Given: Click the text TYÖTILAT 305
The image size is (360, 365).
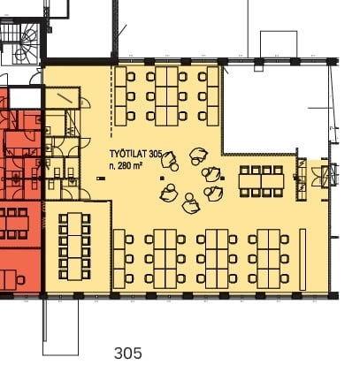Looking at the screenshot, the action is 136,154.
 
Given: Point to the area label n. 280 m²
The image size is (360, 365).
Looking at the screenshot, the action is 126,166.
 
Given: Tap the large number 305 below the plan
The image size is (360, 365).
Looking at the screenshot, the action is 128,354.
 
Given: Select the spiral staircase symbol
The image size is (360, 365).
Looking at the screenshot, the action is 27,43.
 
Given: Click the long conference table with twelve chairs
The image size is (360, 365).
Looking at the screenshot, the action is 74,247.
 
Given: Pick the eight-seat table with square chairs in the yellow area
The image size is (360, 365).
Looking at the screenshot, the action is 261,181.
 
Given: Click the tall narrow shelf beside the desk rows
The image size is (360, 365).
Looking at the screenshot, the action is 303,259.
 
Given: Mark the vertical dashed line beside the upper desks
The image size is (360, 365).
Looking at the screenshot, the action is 111,102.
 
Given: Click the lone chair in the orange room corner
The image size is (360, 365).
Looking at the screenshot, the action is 20,279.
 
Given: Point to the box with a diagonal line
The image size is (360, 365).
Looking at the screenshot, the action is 62,98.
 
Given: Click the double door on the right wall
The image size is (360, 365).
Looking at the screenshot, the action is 320,177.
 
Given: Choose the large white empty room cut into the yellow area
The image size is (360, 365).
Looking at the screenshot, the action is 276,110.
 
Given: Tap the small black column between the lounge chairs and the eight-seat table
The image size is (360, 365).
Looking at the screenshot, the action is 222,179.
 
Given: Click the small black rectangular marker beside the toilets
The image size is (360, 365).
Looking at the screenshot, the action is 101,179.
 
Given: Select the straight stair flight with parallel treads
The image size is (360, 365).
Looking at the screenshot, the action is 10,34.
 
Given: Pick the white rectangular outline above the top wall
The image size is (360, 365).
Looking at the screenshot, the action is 279,44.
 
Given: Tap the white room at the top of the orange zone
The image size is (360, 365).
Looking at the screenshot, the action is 25,98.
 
